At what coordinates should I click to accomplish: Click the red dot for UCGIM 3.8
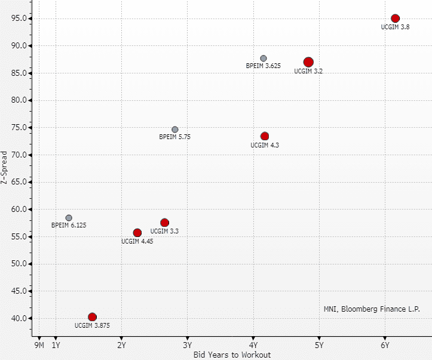[395, 19]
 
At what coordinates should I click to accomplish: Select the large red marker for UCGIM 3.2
[308, 62]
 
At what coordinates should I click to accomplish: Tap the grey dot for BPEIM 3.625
[264, 58]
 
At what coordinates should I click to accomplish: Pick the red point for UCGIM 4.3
[265, 136]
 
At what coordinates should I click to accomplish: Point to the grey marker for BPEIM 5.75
[175, 130]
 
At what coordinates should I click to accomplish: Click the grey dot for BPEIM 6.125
[69, 218]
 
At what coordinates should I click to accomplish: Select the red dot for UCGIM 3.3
[165, 223]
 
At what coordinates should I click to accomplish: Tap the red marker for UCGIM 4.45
[137, 233]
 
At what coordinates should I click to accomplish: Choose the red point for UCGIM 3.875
[92, 317]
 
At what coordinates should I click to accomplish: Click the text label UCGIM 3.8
[395, 27]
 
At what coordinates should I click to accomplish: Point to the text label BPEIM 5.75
[175, 137]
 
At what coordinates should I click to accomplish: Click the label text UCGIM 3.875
[92, 325]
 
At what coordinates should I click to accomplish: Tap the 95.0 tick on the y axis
[18, 19]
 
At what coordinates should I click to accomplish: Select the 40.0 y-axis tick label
[18, 318]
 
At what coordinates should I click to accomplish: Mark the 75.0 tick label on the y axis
[18, 128]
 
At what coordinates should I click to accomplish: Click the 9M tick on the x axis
[39, 345]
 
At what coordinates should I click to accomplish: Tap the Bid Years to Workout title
[232, 355]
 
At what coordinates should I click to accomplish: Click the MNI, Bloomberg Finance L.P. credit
[372, 309]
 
